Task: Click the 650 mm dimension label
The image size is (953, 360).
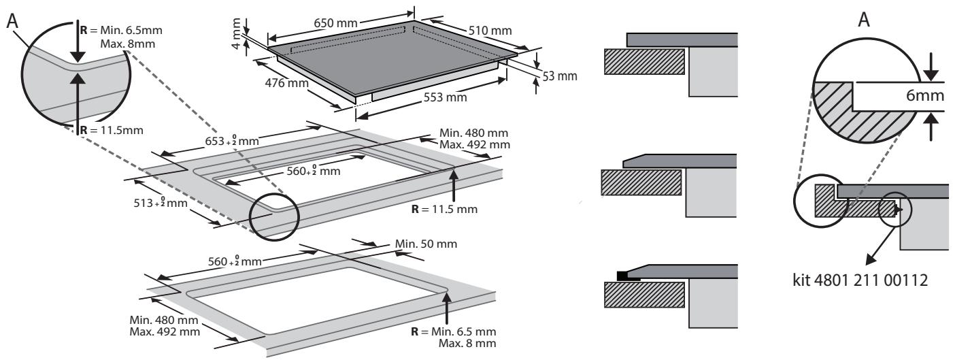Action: pos(335,22)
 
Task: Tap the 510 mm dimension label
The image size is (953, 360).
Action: pos(490,30)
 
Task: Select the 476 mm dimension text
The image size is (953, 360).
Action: pos(287,82)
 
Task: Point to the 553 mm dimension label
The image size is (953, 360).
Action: pos(445,97)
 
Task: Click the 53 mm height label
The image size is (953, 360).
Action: pos(560,76)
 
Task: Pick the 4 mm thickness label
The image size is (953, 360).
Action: pos(237,33)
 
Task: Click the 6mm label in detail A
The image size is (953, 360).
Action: pos(924,95)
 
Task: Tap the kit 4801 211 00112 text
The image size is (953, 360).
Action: pos(860,280)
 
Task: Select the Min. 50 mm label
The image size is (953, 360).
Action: pos(426,244)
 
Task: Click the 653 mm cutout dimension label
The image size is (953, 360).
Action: pos(232,140)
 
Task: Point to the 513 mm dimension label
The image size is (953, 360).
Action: pos(161,203)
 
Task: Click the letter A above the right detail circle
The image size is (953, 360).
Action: pos(864,20)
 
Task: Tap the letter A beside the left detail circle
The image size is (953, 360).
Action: pos(13,20)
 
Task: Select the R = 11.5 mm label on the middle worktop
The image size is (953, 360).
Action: pos(444,209)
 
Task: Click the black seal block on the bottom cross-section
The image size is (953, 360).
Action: pos(622,276)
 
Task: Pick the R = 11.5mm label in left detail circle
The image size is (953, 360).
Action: pos(112,130)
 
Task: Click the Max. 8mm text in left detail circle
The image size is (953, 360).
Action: pos(128,44)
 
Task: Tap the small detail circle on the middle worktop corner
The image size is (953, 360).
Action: pos(274,217)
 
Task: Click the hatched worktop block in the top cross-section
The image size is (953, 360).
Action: pos(645,62)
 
